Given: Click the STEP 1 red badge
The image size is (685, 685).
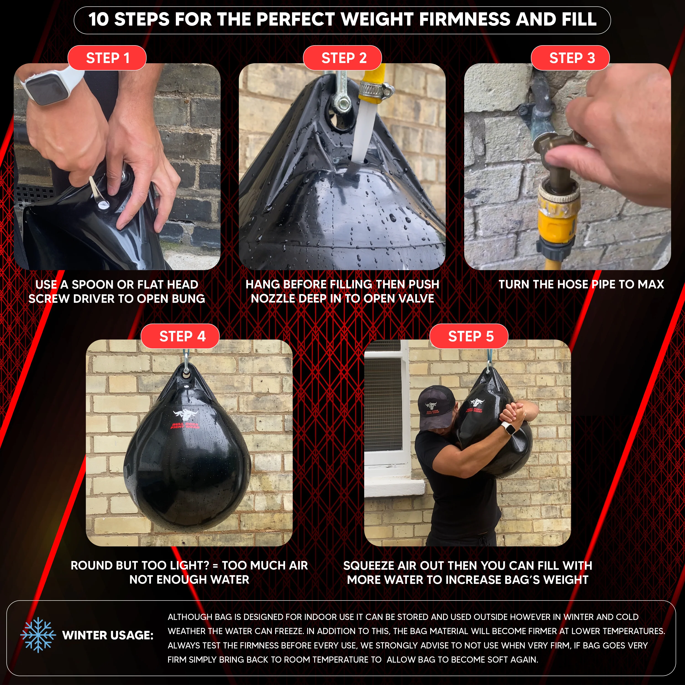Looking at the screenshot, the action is [x=107, y=58].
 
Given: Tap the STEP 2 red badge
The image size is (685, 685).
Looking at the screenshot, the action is [x=342, y=58].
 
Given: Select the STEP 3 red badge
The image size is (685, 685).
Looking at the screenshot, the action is [x=570, y=58].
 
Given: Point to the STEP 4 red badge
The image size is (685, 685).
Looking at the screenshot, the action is [x=180, y=336].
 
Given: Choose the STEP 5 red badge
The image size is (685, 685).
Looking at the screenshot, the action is [x=469, y=336].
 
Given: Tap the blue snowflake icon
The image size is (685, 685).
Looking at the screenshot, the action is [x=38, y=635].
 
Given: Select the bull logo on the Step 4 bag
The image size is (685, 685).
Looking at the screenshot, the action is [x=185, y=415].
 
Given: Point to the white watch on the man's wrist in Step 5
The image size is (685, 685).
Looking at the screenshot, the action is [x=509, y=429].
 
